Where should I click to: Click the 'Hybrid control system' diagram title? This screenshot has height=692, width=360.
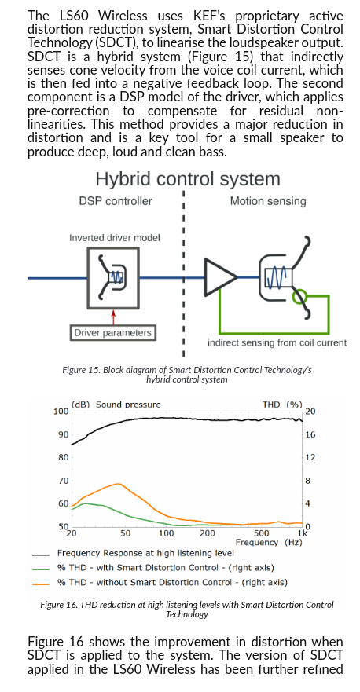(188, 179)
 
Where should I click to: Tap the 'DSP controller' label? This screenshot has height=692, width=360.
(116, 201)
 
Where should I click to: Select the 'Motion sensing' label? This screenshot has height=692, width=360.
(268, 201)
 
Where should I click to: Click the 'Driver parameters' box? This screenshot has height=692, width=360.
(112, 333)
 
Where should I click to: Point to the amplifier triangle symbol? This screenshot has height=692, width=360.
(219, 277)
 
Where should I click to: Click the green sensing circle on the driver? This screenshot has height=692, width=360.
(301, 297)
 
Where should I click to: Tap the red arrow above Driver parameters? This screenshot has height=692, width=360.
(113, 317)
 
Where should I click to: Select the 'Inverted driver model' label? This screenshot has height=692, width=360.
(115, 238)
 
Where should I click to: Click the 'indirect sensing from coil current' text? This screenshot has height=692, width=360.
(277, 343)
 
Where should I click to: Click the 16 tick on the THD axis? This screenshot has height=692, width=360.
(310, 434)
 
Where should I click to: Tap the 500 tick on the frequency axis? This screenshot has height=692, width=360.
(261, 533)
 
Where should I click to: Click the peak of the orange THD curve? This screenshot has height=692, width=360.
(119, 484)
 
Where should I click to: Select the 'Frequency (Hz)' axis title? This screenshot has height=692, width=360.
(269, 542)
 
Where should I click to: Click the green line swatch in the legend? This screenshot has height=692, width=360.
(40, 569)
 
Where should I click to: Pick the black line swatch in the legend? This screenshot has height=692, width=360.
(40, 554)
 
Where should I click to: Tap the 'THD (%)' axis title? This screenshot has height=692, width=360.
(282, 405)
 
